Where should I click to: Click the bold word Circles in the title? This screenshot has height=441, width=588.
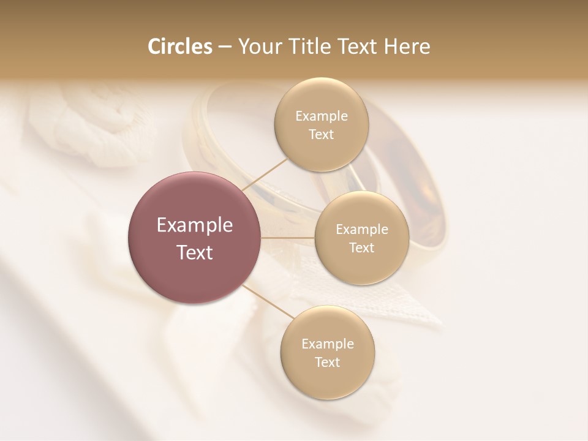180,47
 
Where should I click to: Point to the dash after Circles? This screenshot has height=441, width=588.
224,47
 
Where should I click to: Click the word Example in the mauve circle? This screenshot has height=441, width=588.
194,225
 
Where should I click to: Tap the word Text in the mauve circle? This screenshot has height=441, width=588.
194,252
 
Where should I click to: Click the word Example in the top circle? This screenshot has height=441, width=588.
321,116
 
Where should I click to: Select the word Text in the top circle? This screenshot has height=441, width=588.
321,135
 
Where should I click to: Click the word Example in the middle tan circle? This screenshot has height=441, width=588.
361,230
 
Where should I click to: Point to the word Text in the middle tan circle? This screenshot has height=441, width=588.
361,248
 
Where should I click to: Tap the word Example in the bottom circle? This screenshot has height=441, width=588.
327,344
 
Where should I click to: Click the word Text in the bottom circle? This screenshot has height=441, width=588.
327,363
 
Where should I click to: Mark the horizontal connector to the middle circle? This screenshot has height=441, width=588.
287,238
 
